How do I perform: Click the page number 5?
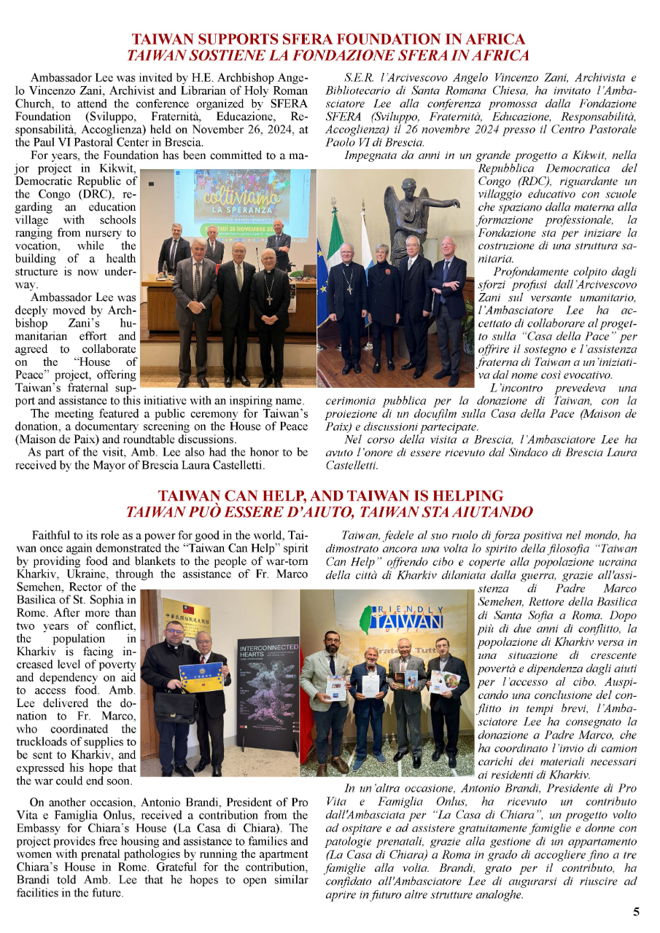636,911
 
